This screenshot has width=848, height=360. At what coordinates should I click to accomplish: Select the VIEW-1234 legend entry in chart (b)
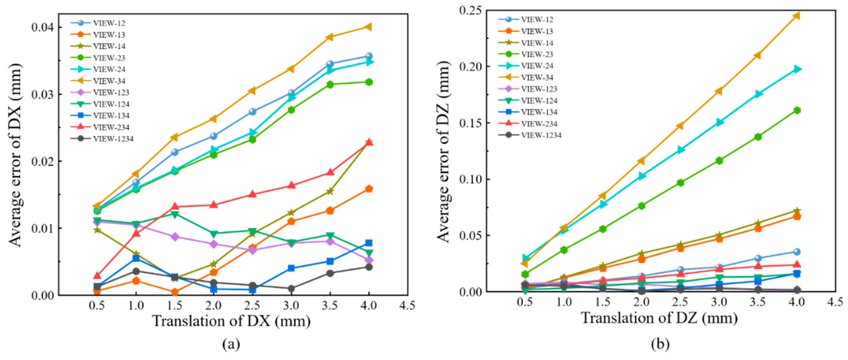[x=541, y=135]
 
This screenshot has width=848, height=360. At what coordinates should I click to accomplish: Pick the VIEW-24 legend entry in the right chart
[x=537, y=66]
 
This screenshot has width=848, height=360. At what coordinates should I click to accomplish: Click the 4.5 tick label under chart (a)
[x=407, y=306]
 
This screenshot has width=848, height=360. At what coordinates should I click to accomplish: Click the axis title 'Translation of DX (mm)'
[x=232, y=321]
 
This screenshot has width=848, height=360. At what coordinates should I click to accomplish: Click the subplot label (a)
[x=231, y=344]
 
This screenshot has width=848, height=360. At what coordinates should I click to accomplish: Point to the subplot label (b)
[x=660, y=344]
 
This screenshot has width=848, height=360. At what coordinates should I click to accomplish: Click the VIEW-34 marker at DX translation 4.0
[x=369, y=27]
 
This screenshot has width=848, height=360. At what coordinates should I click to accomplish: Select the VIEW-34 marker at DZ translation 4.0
[x=797, y=16]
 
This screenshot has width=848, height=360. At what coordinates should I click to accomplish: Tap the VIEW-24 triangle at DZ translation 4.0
[x=797, y=69]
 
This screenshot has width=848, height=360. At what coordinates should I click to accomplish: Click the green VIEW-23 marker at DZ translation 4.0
[x=797, y=110]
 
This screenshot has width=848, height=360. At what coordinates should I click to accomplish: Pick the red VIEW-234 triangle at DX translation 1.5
[x=175, y=207]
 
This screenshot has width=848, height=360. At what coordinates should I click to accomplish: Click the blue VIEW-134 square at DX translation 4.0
[x=369, y=243]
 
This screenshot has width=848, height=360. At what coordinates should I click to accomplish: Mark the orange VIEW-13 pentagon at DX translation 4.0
[x=369, y=189]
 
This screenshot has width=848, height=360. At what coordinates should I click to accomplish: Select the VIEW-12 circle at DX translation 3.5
[x=330, y=64]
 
